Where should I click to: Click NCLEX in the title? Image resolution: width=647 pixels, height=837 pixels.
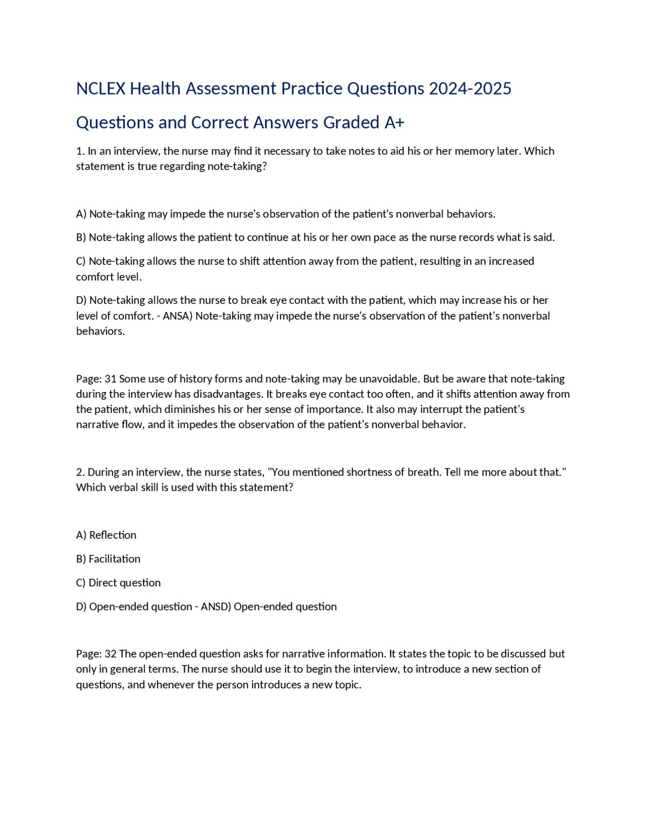tap(101, 89)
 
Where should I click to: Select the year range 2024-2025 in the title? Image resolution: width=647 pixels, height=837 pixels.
tap(470, 89)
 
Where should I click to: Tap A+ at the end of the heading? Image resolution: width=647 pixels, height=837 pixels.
tap(394, 123)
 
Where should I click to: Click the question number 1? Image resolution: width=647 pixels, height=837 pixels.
tap(80, 151)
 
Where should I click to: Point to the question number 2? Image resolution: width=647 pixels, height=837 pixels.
tap(80, 472)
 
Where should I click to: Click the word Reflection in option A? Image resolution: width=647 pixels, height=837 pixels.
tap(113, 535)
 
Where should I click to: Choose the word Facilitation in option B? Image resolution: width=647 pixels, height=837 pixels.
tap(115, 559)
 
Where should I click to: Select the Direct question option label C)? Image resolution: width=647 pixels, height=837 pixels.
tap(81, 583)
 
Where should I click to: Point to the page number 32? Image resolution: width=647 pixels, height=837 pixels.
tap(111, 654)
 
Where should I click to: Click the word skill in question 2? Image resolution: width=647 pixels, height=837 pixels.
tap(147, 488)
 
